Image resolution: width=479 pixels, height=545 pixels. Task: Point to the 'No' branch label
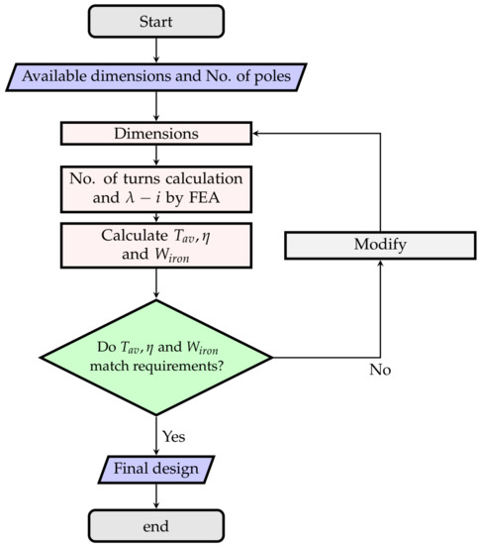pos(381,370)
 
